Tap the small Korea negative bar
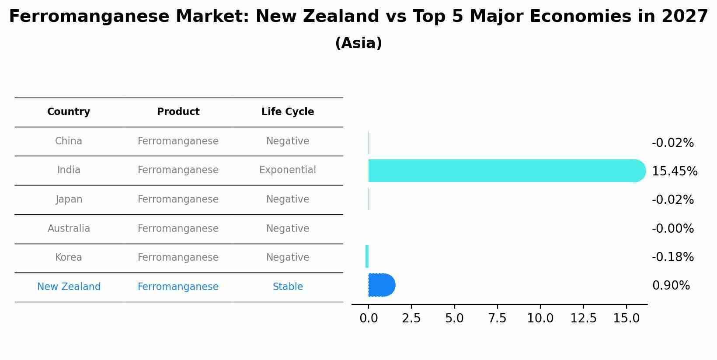(x=367, y=256)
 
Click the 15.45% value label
(x=675, y=171)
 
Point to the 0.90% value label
(x=671, y=286)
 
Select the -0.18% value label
(x=672, y=257)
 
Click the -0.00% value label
(x=672, y=229)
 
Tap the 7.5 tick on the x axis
(x=497, y=318)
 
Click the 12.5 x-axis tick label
(x=583, y=318)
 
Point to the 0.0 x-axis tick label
(x=369, y=318)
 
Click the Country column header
(x=69, y=112)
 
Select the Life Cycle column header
(x=288, y=112)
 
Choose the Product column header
(x=178, y=112)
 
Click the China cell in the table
(x=69, y=141)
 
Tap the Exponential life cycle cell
(x=288, y=170)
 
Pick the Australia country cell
(x=69, y=229)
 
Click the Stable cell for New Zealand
(x=288, y=287)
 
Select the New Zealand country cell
(x=69, y=287)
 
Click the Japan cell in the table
(x=69, y=199)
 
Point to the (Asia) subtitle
(x=358, y=43)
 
